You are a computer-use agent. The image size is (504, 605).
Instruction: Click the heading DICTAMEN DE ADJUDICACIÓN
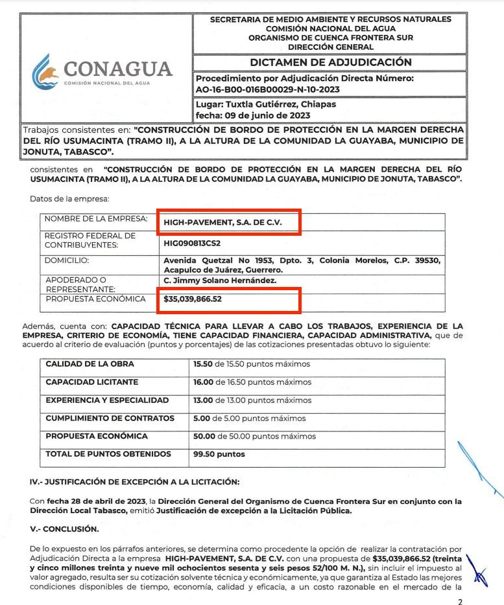click(x=331, y=62)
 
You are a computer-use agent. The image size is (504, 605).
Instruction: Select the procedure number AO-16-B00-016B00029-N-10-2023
click(x=267, y=89)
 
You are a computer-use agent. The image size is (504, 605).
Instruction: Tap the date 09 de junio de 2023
click(x=263, y=115)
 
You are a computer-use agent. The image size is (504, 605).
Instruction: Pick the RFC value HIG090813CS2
click(x=192, y=243)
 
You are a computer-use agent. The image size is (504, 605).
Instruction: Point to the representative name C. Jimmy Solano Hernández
click(x=220, y=280)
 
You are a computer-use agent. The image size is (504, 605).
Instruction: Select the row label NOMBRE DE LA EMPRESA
click(x=96, y=218)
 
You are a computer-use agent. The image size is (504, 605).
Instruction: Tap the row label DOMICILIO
click(x=66, y=260)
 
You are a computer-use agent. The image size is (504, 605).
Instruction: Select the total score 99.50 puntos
click(x=219, y=454)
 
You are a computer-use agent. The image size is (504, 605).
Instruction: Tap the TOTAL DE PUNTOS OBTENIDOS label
click(x=108, y=454)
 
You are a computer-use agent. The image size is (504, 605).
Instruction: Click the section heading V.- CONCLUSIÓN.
click(x=64, y=529)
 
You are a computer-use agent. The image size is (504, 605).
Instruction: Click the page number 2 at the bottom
click(x=460, y=602)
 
